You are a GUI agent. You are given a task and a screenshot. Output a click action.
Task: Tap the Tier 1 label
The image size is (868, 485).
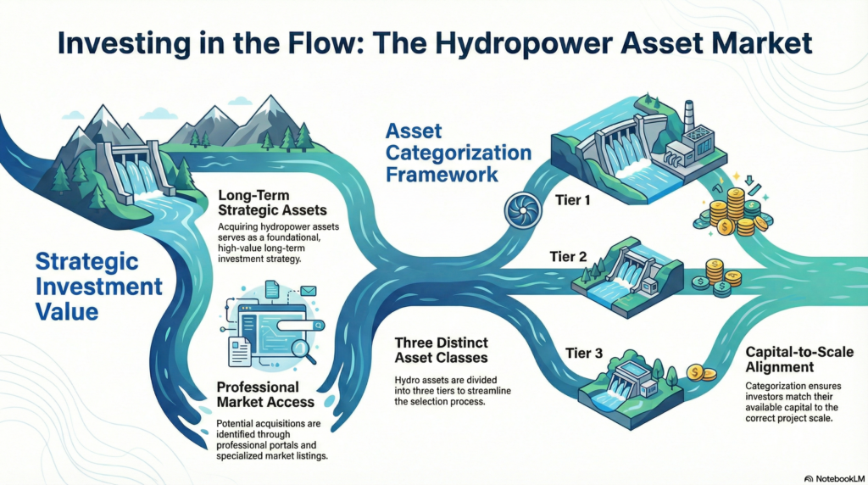pos(572,200)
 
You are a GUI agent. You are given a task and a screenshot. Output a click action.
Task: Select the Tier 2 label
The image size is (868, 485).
pos(568,257)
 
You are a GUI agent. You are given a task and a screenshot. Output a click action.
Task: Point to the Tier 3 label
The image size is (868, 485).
pos(584,354)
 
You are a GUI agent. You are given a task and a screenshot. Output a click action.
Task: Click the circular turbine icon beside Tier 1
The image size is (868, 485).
pos(522,210)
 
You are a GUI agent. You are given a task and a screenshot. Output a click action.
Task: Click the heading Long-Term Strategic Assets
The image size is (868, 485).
pos(272,203)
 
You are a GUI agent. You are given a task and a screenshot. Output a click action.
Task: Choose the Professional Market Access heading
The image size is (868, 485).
pos(265,394)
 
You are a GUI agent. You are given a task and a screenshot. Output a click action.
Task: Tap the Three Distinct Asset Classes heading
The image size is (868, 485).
pos(441,350)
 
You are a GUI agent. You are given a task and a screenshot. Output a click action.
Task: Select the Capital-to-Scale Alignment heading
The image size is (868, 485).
pos(799,360)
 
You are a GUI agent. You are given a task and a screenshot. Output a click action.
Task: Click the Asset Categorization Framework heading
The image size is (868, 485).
pos(459,153)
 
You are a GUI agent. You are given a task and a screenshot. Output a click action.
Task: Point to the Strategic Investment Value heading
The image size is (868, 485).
pos(99,287)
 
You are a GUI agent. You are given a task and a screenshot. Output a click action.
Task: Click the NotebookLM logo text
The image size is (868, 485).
pos(835,478)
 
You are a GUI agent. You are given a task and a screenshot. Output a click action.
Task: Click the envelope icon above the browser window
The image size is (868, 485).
pos(309,291)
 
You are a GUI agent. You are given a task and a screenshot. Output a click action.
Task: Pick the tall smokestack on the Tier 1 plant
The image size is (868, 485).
pos(688,118)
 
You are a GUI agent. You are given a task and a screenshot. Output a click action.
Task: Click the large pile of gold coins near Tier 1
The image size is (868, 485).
pos(732,213)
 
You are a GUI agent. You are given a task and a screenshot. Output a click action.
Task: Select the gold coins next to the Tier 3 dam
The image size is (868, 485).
pos(701,373)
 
